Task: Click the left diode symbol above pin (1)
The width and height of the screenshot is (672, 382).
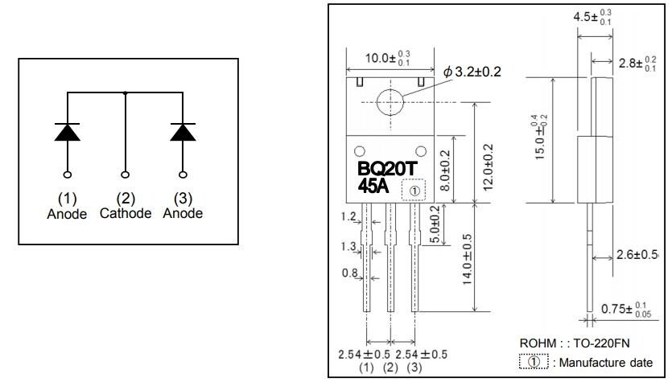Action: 67,131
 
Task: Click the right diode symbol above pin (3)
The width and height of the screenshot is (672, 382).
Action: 183,131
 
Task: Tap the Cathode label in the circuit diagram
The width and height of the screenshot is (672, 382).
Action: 125,213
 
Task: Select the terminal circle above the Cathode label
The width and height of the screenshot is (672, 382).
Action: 125,174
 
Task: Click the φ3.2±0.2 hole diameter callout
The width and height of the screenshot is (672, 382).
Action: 472,72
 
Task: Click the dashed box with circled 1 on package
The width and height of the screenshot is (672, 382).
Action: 413,191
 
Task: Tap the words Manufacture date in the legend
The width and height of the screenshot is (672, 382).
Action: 608,362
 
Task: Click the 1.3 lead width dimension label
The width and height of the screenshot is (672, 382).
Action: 348,245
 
